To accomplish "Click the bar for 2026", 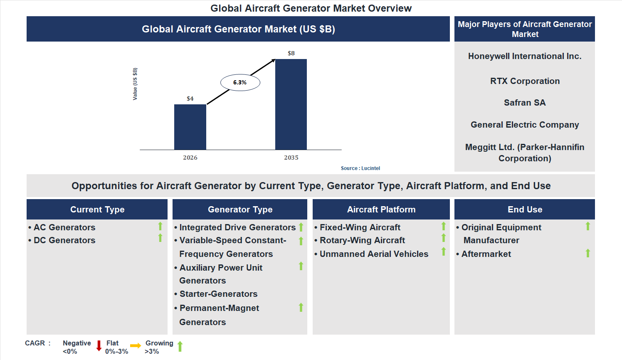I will [x=190, y=127].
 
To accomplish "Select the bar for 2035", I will [x=291, y=104].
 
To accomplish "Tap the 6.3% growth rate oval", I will [x=240, y=82].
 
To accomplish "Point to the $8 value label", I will [x=291, y=53].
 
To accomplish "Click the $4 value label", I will [x=190, y=99].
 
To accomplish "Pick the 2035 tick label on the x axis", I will [x=291, y=158].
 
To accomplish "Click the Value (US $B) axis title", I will [x=135, y=84].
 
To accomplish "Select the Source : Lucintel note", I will [x=360, y=168].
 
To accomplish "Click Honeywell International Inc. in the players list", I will [x=524, y=56].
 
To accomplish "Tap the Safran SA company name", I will [x=524, y=103].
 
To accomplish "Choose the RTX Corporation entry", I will [x=524, y=81].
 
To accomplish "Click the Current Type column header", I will [x=97, y=210].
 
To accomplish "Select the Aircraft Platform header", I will [x=381, y=210].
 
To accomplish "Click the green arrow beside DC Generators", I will [x=160, y=238].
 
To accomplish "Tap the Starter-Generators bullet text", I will [x=218, y=294].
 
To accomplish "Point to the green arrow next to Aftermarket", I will [x=587, y=253].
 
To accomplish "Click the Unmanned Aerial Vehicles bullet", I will [x=373, y=254].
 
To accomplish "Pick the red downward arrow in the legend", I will [x=99, y=346].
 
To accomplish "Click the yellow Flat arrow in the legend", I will [x=136, y=346].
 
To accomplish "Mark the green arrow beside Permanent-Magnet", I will [x=301, y=308].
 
